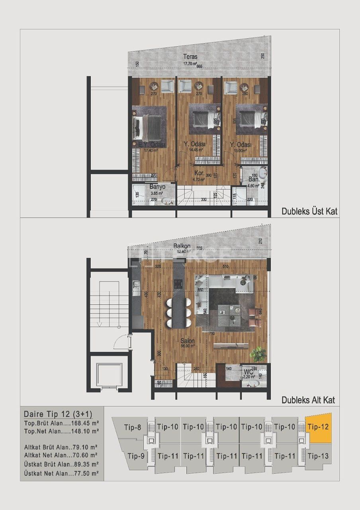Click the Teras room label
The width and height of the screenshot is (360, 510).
point(190,57)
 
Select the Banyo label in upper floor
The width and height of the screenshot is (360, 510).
point(157,186)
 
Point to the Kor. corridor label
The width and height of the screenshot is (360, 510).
point(200,174)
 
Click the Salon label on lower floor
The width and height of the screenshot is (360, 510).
point(187,341)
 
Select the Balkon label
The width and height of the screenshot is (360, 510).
point(182,246)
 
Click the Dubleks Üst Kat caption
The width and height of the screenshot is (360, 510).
point(309,211)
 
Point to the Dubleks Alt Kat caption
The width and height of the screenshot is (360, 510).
point(308,400)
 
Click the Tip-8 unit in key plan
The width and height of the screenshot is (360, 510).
point(132,428)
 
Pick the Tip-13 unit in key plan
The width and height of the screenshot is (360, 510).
point(318,456)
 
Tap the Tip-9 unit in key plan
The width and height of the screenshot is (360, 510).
point(136,456)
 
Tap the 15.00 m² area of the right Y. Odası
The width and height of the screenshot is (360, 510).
point(241,150)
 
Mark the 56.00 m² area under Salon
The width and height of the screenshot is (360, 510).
point(186,346)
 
